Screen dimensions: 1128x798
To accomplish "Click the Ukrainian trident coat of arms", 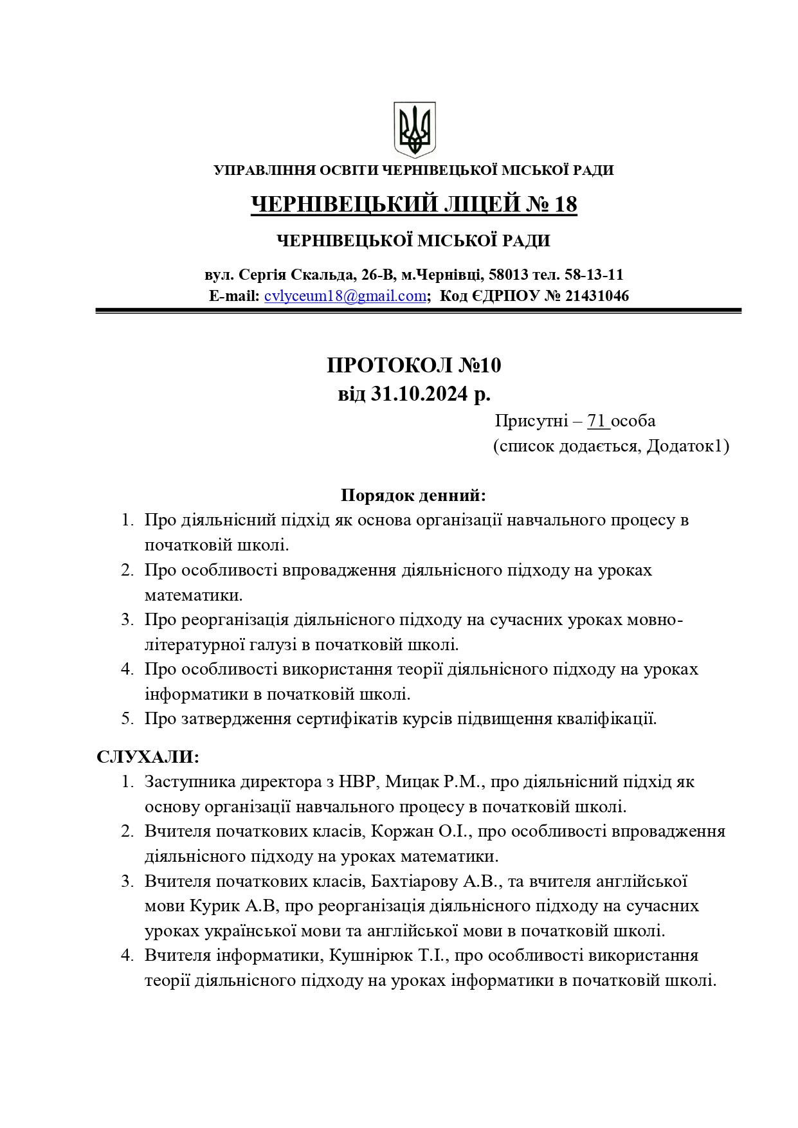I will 414,129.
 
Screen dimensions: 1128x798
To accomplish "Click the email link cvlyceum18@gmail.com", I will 345,296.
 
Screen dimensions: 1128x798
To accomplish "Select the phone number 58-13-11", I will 594,275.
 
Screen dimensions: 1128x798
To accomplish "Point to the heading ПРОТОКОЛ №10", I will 413,365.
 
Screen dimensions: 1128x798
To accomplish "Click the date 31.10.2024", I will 420,394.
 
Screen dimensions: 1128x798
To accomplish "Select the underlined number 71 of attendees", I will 597,421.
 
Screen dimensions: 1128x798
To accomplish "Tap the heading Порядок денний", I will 413,495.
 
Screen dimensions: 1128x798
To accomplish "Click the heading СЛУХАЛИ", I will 148,757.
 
